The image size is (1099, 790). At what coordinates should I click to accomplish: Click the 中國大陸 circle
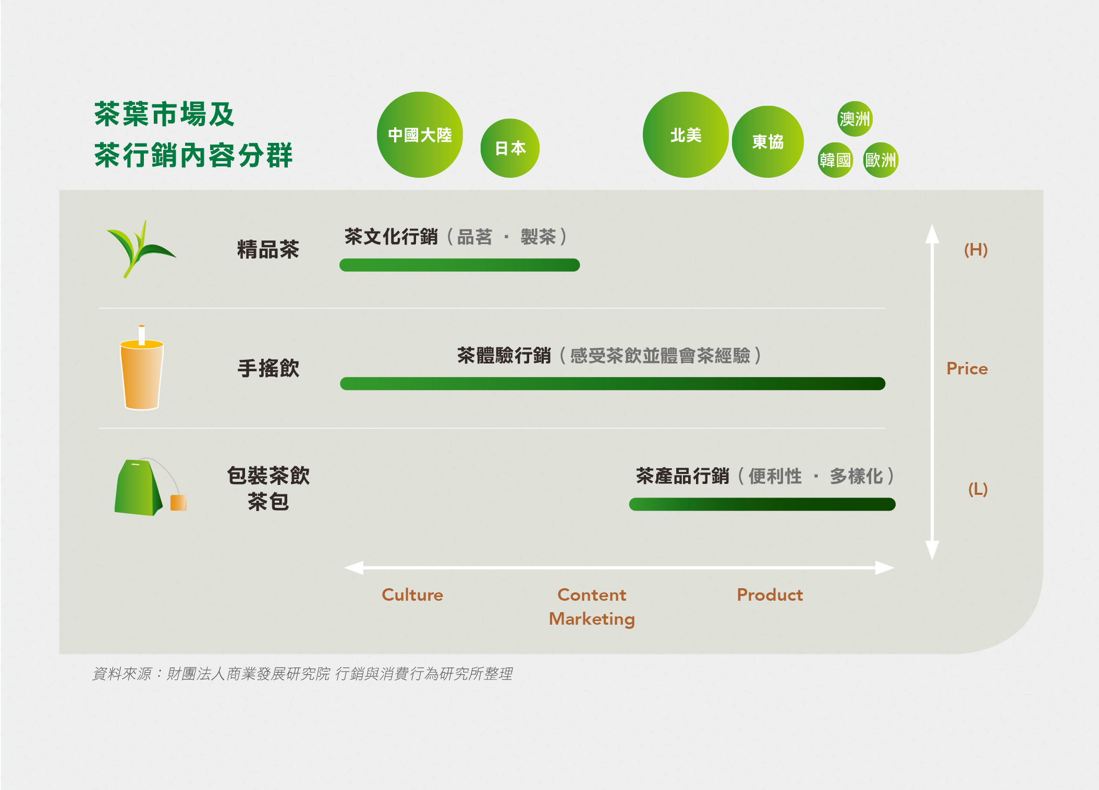click(420, 135)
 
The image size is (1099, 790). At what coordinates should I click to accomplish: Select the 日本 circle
click(510, 148)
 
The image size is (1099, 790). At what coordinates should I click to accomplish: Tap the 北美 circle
click(686, 135)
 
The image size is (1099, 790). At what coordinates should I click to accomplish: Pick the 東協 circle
click(768, 142)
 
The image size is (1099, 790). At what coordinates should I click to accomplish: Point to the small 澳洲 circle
click(855, 119)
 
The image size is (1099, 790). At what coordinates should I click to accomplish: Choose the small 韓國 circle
click(835, 160)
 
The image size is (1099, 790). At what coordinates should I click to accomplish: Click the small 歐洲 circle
click(881, 160)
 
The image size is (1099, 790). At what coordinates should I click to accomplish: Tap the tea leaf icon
click(140, 249)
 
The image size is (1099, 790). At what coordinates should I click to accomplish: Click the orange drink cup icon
click(142, 368)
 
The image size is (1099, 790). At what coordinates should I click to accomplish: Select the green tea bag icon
click(150, 487)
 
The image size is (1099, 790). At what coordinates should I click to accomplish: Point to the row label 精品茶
click(268, 249)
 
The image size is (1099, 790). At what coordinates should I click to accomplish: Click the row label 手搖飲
click(268, 368)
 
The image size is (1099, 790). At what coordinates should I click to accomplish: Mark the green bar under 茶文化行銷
click(459, 265)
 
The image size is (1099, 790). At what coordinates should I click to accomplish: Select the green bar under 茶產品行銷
click(762, 504)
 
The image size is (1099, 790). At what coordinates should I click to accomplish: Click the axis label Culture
click(412, 595)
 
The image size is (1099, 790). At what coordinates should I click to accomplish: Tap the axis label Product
click(770, 595)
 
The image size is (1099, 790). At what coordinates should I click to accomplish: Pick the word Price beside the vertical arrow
click(967, 369)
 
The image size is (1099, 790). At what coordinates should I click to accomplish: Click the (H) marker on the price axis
click(976, 250)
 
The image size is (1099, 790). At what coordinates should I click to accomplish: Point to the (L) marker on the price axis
click(978, 489)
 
